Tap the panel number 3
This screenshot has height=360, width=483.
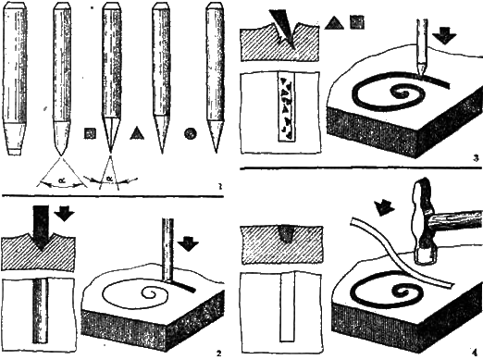coord(473,158)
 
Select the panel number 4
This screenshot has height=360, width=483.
coord(473,353)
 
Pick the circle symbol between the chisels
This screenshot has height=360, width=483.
coord(190,133)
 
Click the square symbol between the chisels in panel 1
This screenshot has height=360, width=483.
coord(90,133)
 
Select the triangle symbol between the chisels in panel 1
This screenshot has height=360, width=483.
coord(137,133)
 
